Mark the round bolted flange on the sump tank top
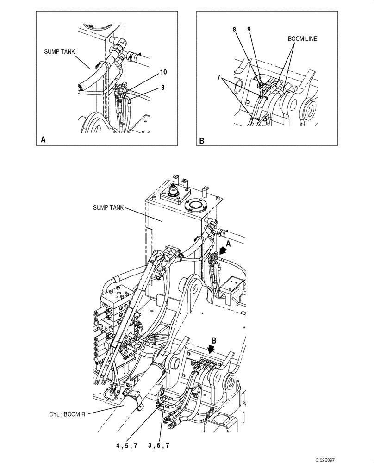194,205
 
